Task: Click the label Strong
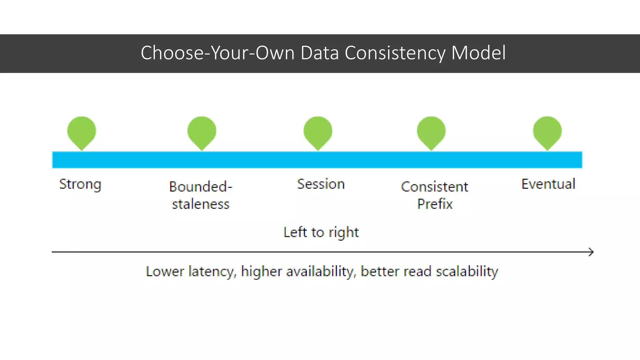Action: [x=80, y=184]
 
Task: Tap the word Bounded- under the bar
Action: [x=201, y=187]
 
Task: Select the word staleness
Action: [x=201, y=204]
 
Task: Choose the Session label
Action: [x=321, y=184]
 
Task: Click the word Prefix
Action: [x=435, y=204]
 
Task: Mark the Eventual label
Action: [x=548, y=184]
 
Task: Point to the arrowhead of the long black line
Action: [x=591, y=252]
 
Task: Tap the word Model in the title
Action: [x=478, y=53]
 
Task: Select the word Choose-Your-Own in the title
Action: [x=217, y=53]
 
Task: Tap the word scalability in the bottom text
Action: [x=467, y=271]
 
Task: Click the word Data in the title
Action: [x=319, y=53]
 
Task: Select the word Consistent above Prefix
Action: [x=435, y=187]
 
